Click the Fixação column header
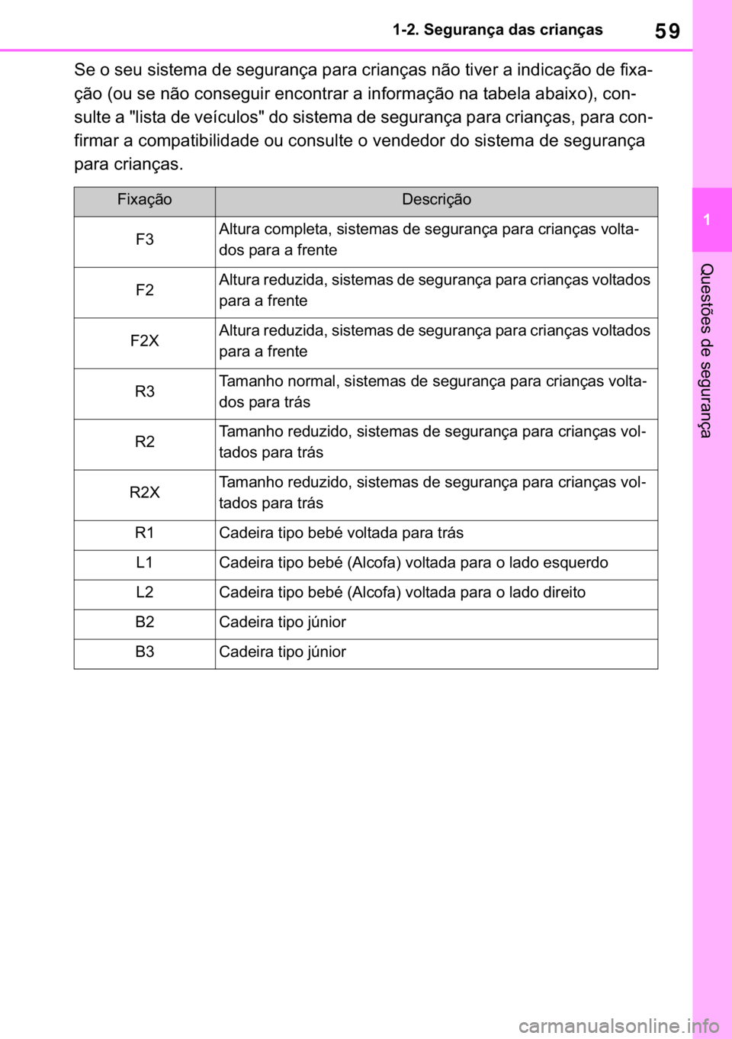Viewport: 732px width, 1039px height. (145, 200)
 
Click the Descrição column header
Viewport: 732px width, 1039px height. (436, 200)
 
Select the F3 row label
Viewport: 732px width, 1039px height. (145, 240)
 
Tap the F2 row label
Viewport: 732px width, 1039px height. (145, 291)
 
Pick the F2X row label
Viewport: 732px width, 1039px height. (145, 341)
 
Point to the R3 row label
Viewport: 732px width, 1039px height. (145, 392)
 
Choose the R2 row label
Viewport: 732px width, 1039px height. (145, 442)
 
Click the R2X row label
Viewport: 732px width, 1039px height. (145, 493)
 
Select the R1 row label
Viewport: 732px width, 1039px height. (145, 533)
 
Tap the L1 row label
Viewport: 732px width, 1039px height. (145, 563)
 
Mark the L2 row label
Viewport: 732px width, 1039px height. (145, 593)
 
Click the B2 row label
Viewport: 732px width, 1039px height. (145, 622)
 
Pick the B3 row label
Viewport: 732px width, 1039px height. (145, 652)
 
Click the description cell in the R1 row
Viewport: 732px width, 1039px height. (341, 533)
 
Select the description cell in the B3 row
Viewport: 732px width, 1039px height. (283, 652)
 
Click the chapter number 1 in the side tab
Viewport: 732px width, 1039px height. (708, 220)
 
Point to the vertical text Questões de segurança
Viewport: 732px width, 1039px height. (707, 350)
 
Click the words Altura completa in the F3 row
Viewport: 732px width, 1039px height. (274, 230)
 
